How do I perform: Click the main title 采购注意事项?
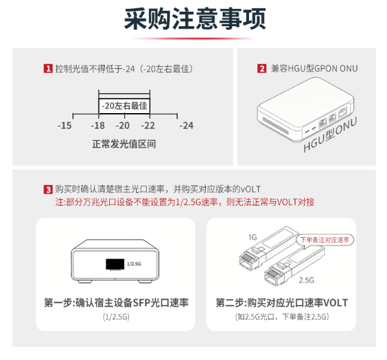coord(195,19)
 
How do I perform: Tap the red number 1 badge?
coord(48,68)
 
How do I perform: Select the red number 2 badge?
coord(262,68)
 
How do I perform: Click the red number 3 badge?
coord(48,190)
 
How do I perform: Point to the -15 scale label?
coord(65,126)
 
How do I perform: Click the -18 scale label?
coord(98,126)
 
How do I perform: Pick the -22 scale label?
coord(148,126)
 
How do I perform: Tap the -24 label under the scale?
coord(186,126)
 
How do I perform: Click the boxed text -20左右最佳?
coord(124,106)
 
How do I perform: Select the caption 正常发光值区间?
coord(124,144)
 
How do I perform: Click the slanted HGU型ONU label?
coord(330,134)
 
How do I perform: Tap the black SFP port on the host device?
coord(115,264)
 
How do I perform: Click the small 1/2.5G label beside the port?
coord(134,264)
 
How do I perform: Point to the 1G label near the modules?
coord(252,237)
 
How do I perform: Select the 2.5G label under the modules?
coord(306,280)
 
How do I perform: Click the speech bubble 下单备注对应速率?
coord(325,239)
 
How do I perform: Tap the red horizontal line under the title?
coord(192,39)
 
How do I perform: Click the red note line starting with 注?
coord(185,202)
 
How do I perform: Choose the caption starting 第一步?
coord(117,303)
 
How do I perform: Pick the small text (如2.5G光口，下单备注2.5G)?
coord(282,317)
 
